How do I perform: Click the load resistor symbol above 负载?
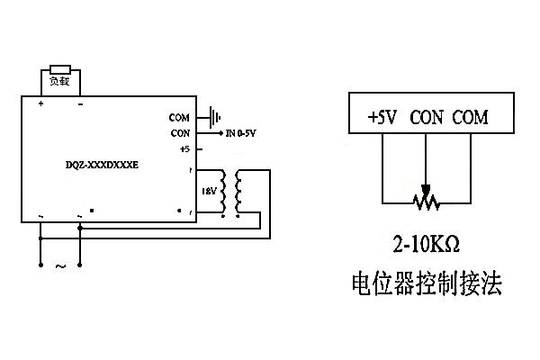click(x=60, y=68)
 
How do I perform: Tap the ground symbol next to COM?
click(x=213, y=116)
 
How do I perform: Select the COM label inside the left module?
click(x=180, y=117)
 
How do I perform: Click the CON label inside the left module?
click(x=180, y=133)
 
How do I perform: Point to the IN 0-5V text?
click(x=241, y=133)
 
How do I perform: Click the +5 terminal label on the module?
click(x=184, y=149)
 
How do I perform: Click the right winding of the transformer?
click(x=239, y=191)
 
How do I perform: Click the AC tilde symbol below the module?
click(x=61, y=266)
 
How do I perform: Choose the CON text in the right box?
click(x=427, y=118)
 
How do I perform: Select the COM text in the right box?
click(x=470, y=118)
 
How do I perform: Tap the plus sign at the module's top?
click(x=40, y=104)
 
